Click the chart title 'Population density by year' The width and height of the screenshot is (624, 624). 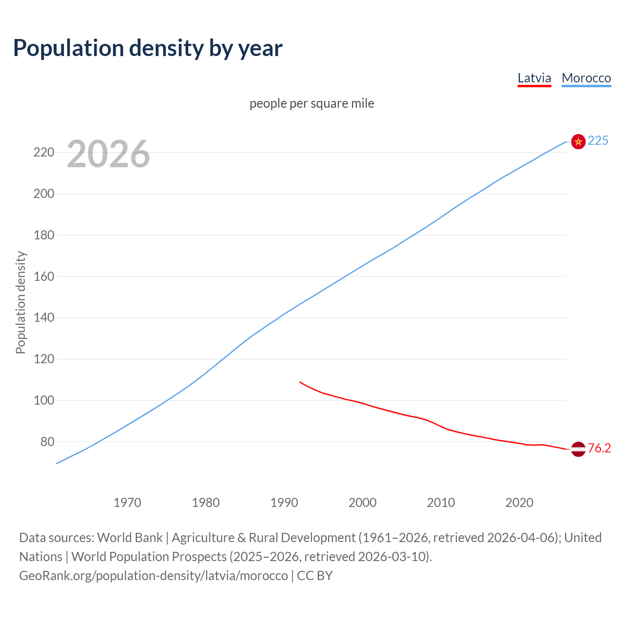pyautogui.click(x=148, y=48)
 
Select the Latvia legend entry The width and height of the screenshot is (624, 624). pyautogui.click(x=534, y=78)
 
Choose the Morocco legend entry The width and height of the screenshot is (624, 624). pyautogui.click(x=586, y=78)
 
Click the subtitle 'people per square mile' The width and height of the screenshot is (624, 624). pyautogui.click(x=312, y=103)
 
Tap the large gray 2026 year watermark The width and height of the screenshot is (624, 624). pyautogui.click(x=108, y=154)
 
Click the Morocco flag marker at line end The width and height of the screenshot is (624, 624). pyautogui.click(x=578, y=141)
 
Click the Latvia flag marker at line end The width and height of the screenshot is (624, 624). pyautogui.click(x=578, y=448)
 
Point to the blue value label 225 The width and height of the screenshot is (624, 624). pyautogui.click(x=598, y=140)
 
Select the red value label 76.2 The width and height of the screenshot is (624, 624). pyautogui.click(x=599, y=448)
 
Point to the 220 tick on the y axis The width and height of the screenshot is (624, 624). pyautogui.click(x=43, y=153)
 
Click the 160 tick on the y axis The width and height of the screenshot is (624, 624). pyautogui.click(x=43, y=276)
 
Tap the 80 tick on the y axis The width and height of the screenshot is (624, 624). pyautogui.click(x=47, y=442)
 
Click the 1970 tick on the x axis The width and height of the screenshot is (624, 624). pyautogui.click(x=127, y=502)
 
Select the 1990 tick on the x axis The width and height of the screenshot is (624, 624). pyautogui.click(x=284, y=502)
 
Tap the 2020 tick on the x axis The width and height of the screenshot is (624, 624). pyautogui.click(x=519, y=502)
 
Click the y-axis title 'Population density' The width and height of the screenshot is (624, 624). pyautogui.click(x=20, y=302)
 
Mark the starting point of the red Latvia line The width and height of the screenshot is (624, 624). pyautogui.click(x=300, y=382)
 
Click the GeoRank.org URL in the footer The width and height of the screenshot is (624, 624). pyautogui.click(x=154, y=575)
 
